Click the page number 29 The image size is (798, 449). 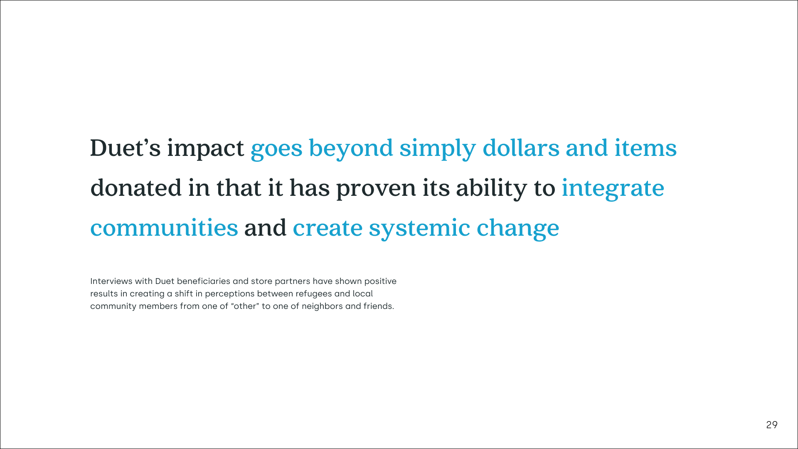pyautogui.click(x=772, y=425)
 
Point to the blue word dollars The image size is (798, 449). pyautogui.click(x=521, y=148)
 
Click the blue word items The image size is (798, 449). pyautogui.click(x=646, y=148)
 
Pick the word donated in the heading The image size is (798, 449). pyautogui.click(x=136, y=187)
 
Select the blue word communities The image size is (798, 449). pyautogui.click(x=164, y=228)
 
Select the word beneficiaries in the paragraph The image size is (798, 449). pyautogui.click(x=204, y=281)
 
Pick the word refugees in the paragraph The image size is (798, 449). pyautogui.click(x=314, y=294)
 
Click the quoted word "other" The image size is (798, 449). pyautogui.click(x=245, y=306)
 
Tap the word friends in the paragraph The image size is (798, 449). pyautogui.click(x=379, y=306)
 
